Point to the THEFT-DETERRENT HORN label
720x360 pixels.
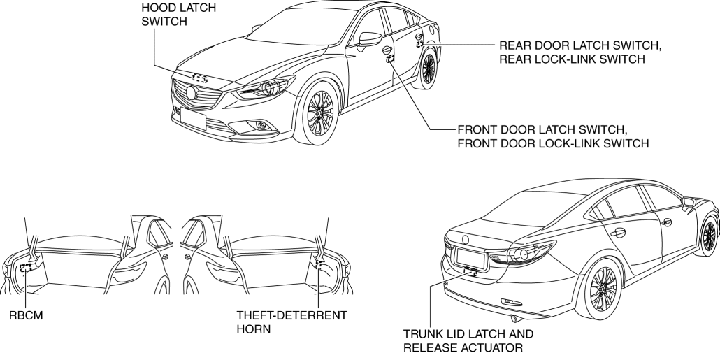(292, 322)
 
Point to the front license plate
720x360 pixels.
(193, 119)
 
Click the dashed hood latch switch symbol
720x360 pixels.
(201, 78)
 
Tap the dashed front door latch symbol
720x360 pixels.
(390, 59)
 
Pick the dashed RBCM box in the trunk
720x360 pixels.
(27, 267)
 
